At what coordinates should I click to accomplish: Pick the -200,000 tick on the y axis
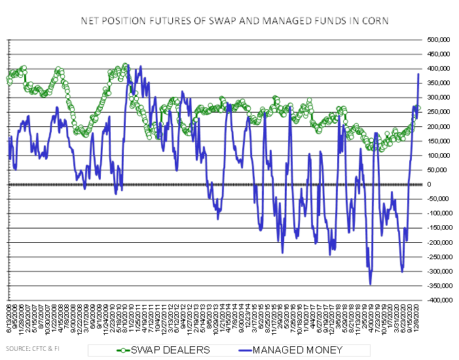(433, 242)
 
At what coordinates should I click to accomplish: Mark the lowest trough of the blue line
(371, 284)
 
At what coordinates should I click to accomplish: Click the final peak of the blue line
(419, 74)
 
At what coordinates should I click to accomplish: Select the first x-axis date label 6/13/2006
(9, 320)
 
